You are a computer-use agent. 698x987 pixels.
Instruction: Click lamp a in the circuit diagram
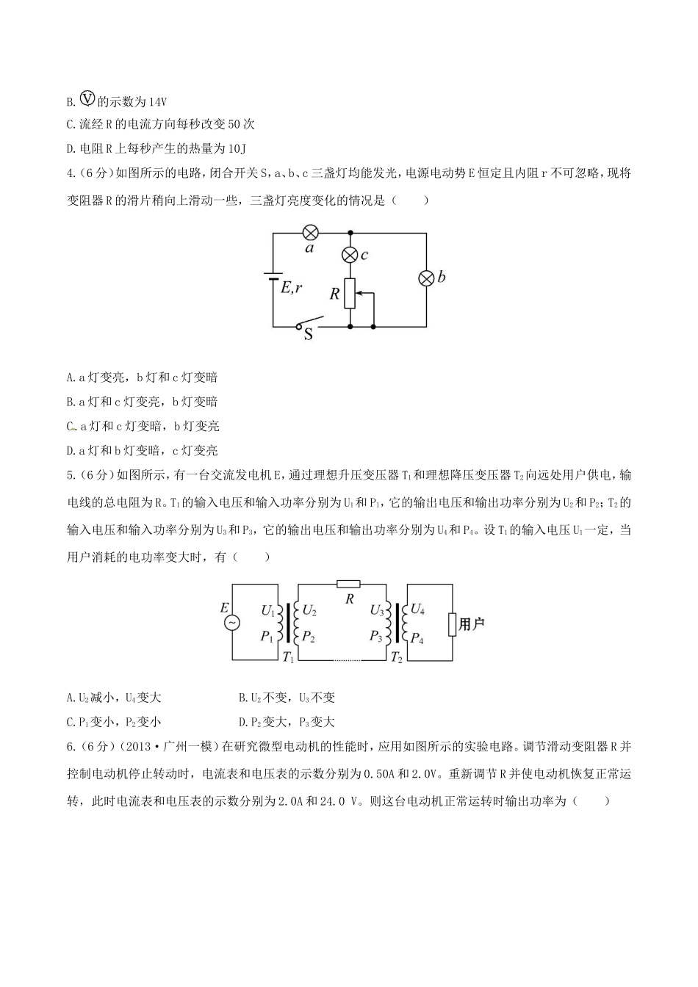pos(310,233)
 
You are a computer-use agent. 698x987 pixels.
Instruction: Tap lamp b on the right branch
pos(426,278)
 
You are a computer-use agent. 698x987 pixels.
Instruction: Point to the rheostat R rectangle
pos(350,293)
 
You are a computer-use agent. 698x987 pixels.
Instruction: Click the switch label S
pos(309,335)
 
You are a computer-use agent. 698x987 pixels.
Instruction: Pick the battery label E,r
pos(291,289)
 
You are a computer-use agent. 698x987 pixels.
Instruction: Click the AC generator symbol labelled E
pos(231,622)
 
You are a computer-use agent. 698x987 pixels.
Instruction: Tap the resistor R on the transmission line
pos(348,585)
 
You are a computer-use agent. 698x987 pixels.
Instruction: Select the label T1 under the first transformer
pos(288,657)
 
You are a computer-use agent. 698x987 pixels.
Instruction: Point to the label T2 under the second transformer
pos(396,657)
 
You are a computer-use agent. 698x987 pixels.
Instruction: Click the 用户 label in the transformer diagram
pos(472,624)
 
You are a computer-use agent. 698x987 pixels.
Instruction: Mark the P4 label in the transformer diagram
pos(417,638)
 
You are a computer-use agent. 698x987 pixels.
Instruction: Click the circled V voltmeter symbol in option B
pos(87,100)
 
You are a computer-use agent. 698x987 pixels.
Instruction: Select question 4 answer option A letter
pos(70,377)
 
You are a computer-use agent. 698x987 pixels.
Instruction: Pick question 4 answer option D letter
pos(70,450)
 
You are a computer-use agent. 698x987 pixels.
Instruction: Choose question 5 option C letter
pos(70,722)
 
